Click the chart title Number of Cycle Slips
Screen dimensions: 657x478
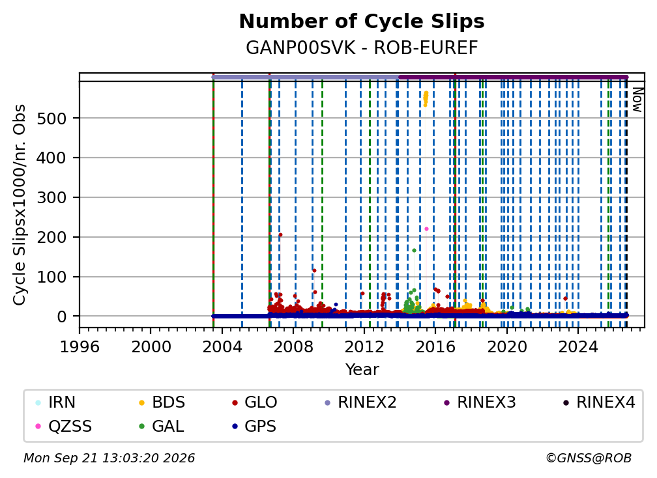(362, 21)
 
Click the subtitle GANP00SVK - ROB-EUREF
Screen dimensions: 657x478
(362, 48)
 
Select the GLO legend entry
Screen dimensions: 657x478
(254, 402)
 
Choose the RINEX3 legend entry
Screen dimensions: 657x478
(480, 402)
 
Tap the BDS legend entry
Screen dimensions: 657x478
(162, 402)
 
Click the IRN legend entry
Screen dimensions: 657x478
(55, 402)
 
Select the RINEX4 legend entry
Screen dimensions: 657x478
(599, 402)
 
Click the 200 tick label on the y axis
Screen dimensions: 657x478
(51, 237)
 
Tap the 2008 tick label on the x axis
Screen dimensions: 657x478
(293, 347)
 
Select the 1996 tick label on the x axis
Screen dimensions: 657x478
(80, 347)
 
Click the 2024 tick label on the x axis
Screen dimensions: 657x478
(577, 347)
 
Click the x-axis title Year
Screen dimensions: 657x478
(362, 370)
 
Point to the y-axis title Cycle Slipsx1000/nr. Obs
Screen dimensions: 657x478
(20, 204)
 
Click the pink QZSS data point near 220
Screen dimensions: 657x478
(426, 229)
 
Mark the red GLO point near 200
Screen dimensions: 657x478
(280, 235)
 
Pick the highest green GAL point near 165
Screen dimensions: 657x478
(414, 250)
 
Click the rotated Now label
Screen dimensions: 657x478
(637, 100)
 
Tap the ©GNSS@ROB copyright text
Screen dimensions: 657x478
(589, 458)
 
